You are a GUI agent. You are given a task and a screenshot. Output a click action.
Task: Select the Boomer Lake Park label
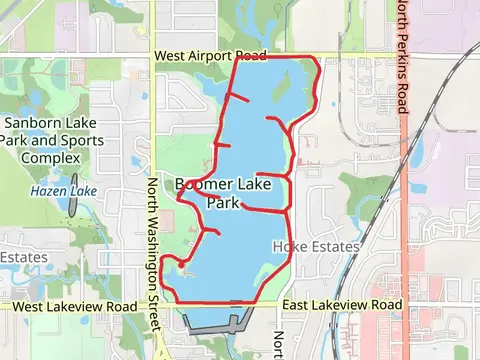(x=218, y=193)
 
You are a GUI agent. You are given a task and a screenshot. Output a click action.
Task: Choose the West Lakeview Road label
(x=76, y=306)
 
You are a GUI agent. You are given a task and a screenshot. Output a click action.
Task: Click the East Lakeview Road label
(x=342, y=305)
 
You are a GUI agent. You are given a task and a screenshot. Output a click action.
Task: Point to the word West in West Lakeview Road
(x=31, y=306)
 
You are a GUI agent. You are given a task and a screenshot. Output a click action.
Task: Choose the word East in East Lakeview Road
(x=297, y=305)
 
